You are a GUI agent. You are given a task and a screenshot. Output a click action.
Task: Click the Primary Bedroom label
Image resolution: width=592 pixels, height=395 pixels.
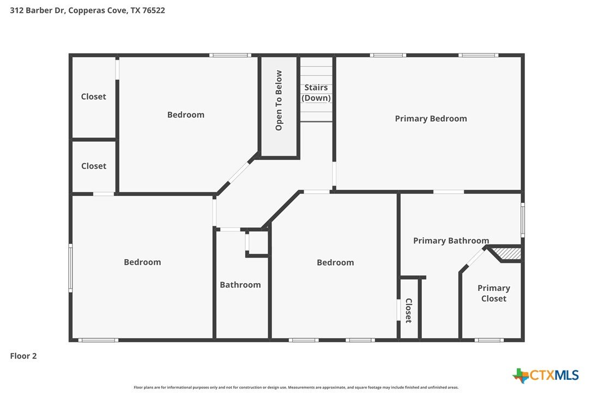pos(431,119)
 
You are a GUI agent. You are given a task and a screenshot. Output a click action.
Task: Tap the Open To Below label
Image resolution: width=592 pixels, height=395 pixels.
pos(279,100)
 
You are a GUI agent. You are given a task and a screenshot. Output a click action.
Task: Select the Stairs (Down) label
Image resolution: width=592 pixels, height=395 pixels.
pos(316,93)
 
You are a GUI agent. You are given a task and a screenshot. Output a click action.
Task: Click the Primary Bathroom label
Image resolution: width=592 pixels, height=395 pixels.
pos(451,241)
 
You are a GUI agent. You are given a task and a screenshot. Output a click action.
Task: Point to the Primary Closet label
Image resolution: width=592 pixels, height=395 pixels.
pos(494,294)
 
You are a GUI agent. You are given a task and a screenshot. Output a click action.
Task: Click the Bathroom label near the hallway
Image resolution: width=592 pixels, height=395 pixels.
pos(240,285)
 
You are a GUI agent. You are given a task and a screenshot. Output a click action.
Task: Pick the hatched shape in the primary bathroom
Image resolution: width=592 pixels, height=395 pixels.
pos(508,253)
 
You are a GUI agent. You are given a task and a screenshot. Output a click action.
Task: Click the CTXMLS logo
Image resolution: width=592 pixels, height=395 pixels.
pos(545,375)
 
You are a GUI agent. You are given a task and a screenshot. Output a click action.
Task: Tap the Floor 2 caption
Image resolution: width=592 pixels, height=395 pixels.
pos(23,356)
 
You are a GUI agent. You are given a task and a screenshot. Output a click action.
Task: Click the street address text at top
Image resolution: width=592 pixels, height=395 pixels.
pos(87,10)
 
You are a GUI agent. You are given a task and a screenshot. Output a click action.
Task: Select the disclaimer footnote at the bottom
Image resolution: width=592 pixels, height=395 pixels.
pos(296,387)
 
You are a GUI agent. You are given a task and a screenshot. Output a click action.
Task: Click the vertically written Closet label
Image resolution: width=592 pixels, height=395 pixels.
pos(408,310)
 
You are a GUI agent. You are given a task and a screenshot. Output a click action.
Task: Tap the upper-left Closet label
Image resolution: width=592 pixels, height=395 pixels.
pos(94,97)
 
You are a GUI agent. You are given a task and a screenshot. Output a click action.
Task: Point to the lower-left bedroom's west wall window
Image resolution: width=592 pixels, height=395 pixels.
pos(70,268)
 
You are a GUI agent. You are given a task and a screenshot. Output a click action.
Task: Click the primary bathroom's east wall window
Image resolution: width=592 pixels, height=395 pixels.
pos(523,220)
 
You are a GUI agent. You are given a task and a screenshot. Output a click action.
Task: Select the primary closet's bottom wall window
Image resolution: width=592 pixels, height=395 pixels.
pos(489,340)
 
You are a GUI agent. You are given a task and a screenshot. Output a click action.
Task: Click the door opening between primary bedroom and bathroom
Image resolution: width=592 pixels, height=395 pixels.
pos(448,192)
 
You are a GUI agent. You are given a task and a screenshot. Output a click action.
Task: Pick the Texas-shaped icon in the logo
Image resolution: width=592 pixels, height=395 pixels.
pos(521,376)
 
